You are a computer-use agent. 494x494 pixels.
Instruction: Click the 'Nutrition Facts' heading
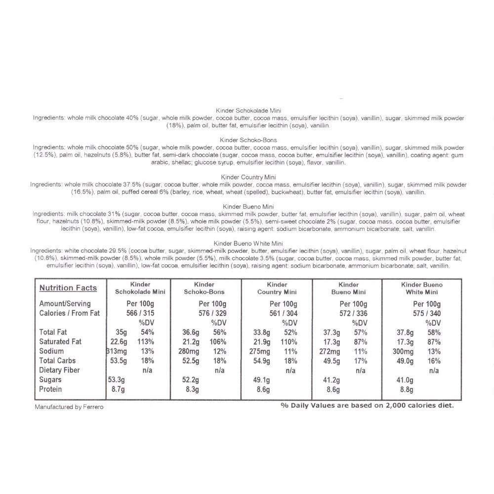[x=68, y=288]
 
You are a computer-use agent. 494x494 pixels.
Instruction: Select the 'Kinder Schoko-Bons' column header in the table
[x=204, y=288]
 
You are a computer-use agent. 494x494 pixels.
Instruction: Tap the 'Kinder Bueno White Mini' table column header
[x=421, y=288]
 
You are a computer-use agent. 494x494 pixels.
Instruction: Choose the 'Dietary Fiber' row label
[x=59, y=370]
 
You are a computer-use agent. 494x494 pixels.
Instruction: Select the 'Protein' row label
[x=50, y=389]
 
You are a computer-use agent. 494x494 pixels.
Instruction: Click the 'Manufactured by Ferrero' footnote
[x=69, y=407]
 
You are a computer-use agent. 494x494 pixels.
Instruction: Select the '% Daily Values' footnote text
[x=367, y=405]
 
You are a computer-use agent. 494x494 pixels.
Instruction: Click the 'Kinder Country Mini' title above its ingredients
[x=248, y=177]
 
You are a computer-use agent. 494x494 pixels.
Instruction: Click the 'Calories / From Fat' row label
[x=69, y=313]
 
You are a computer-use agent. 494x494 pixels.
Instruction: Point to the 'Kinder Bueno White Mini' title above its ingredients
[x=248, y=243]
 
